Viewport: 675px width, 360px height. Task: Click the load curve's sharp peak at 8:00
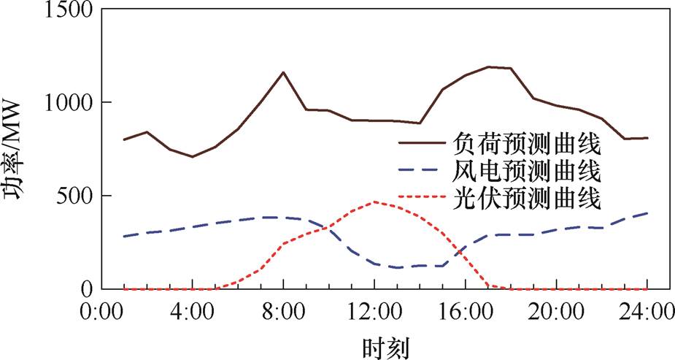click(x=283, y=72)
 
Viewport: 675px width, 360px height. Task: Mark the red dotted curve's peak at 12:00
click(x=374, y=202)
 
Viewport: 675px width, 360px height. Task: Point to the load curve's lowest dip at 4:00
click(x=193, y=156)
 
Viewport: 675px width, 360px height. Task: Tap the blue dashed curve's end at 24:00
click(x=647, y=213)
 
